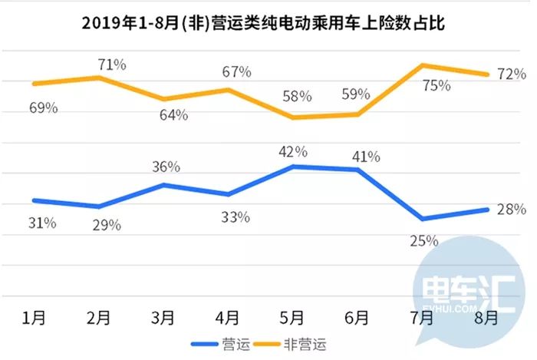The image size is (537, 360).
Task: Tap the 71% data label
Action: pos(111,64)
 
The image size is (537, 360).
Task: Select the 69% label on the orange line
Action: pos(44,108)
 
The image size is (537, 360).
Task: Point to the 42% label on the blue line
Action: pos(293,151)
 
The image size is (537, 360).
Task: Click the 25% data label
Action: pos(423,240)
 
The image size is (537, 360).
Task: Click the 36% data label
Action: pos(166,167)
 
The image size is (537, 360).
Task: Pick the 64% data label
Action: pos(173,115)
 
